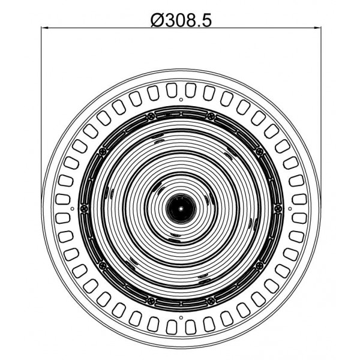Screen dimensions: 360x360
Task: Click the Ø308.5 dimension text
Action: pyautogui.click(x=181, y=20)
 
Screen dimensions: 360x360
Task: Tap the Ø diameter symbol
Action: pyautogui.click(x=157, y=20)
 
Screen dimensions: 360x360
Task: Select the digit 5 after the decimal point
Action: pyautogui.click(x=206, y=20)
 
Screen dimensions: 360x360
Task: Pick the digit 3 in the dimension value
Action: pyautogui.click(x=170, y=20)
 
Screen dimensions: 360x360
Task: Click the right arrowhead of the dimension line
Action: pyautogui.click(x=317, y=28)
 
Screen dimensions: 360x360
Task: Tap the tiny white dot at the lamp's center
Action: pyautogui.click(x=181, y=209)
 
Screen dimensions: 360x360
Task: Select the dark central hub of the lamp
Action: pyautogui.click(x=181, y=209)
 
